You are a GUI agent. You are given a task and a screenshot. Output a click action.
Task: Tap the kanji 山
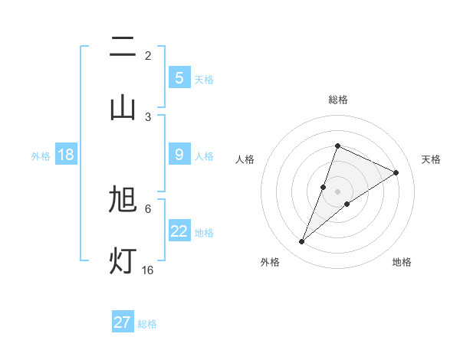coord(123,107)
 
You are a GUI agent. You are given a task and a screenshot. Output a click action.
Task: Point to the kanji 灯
coord(123,260)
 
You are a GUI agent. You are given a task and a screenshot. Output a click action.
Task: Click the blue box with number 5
coord(179,77)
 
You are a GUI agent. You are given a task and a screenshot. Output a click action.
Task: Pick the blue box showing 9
coord(179,155)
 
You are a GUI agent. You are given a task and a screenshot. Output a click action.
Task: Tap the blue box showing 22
coord(179,231)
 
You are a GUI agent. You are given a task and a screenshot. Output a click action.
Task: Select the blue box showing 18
coord(66,155)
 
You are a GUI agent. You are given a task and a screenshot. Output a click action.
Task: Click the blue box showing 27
coord(123,322)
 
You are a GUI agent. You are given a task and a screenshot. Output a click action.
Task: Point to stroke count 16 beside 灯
coord(147,270)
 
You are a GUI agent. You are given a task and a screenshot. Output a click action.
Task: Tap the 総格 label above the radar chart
coord(337,100)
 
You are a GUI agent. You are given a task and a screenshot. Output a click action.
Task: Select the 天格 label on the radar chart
coord(431,159)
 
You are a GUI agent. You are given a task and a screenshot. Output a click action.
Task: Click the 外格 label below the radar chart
coord(269,262)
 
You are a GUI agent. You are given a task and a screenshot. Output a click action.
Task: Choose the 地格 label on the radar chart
coord(402,262)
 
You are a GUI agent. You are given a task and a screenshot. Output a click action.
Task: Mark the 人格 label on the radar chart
coord(245,159)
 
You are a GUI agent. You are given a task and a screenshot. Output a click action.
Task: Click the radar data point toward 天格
coord(396,172)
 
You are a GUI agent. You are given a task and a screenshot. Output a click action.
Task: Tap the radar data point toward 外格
coord(302,242)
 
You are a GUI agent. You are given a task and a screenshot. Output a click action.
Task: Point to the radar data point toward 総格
coord(337,146)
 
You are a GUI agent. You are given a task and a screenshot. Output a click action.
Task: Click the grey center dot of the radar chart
coord(337,191)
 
